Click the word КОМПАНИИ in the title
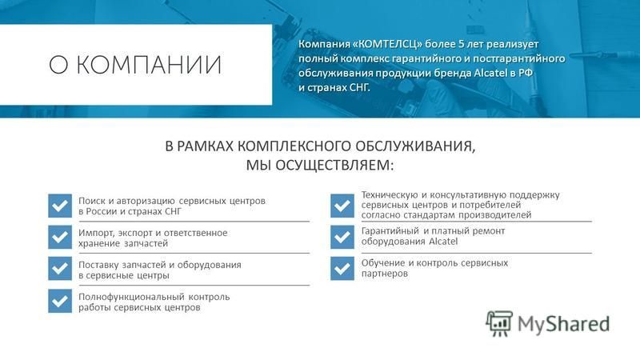point(149,65)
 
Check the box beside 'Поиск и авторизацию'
point(60,206)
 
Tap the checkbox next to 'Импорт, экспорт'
point(60,237)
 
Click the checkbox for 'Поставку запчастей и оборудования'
point(60,268)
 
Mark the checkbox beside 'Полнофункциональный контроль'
point(60,301)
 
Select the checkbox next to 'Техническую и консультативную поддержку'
point(342,206)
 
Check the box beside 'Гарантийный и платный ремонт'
point(342,237)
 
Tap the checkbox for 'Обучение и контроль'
point(342,268)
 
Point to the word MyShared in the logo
point(564,325)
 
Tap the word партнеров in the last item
point(385,274)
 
